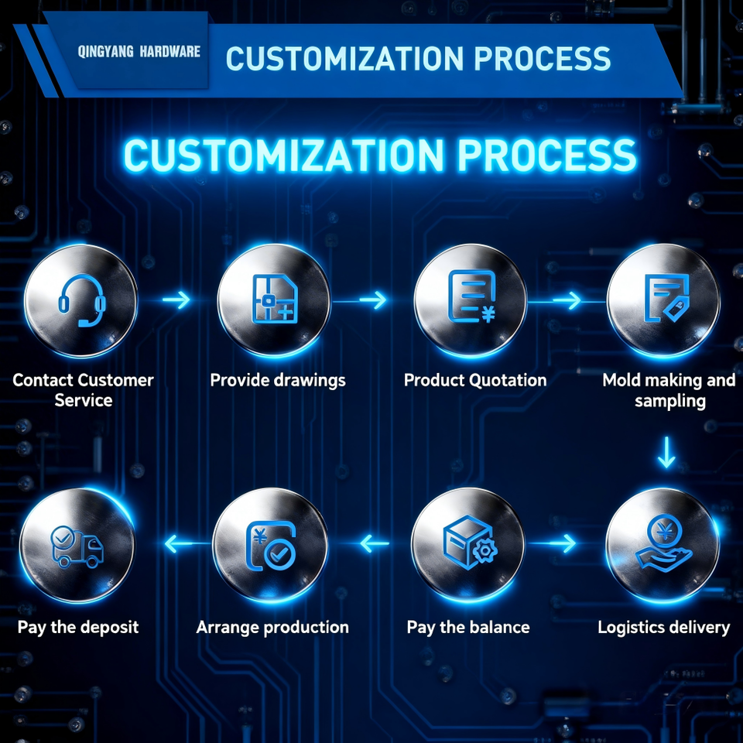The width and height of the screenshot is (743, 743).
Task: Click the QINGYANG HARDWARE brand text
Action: click(x=139, y=52)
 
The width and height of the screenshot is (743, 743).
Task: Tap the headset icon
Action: click(x=81, y=300)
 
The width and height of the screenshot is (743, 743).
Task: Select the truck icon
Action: click(x=76, y=545)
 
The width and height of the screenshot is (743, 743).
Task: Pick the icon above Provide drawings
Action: click(x=275, y=300)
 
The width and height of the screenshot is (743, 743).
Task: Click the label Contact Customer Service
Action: click(x=83, y=390)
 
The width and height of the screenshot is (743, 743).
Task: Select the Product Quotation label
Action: click(x=475, y=380)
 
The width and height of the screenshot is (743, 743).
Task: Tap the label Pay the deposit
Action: click(x=78, y=626)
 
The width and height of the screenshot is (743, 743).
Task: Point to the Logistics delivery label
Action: click(x=663, y=626)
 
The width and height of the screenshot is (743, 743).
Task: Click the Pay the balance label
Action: click(x=468, y=626)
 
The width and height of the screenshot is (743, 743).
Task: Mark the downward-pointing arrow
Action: click(x=666, y=452)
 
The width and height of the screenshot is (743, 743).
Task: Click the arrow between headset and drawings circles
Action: click(x=177, y=300)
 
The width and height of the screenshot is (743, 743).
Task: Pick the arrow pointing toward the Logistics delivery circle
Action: click(x=563, y=544)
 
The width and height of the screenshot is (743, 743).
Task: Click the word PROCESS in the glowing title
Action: click(x=546, y=156)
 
